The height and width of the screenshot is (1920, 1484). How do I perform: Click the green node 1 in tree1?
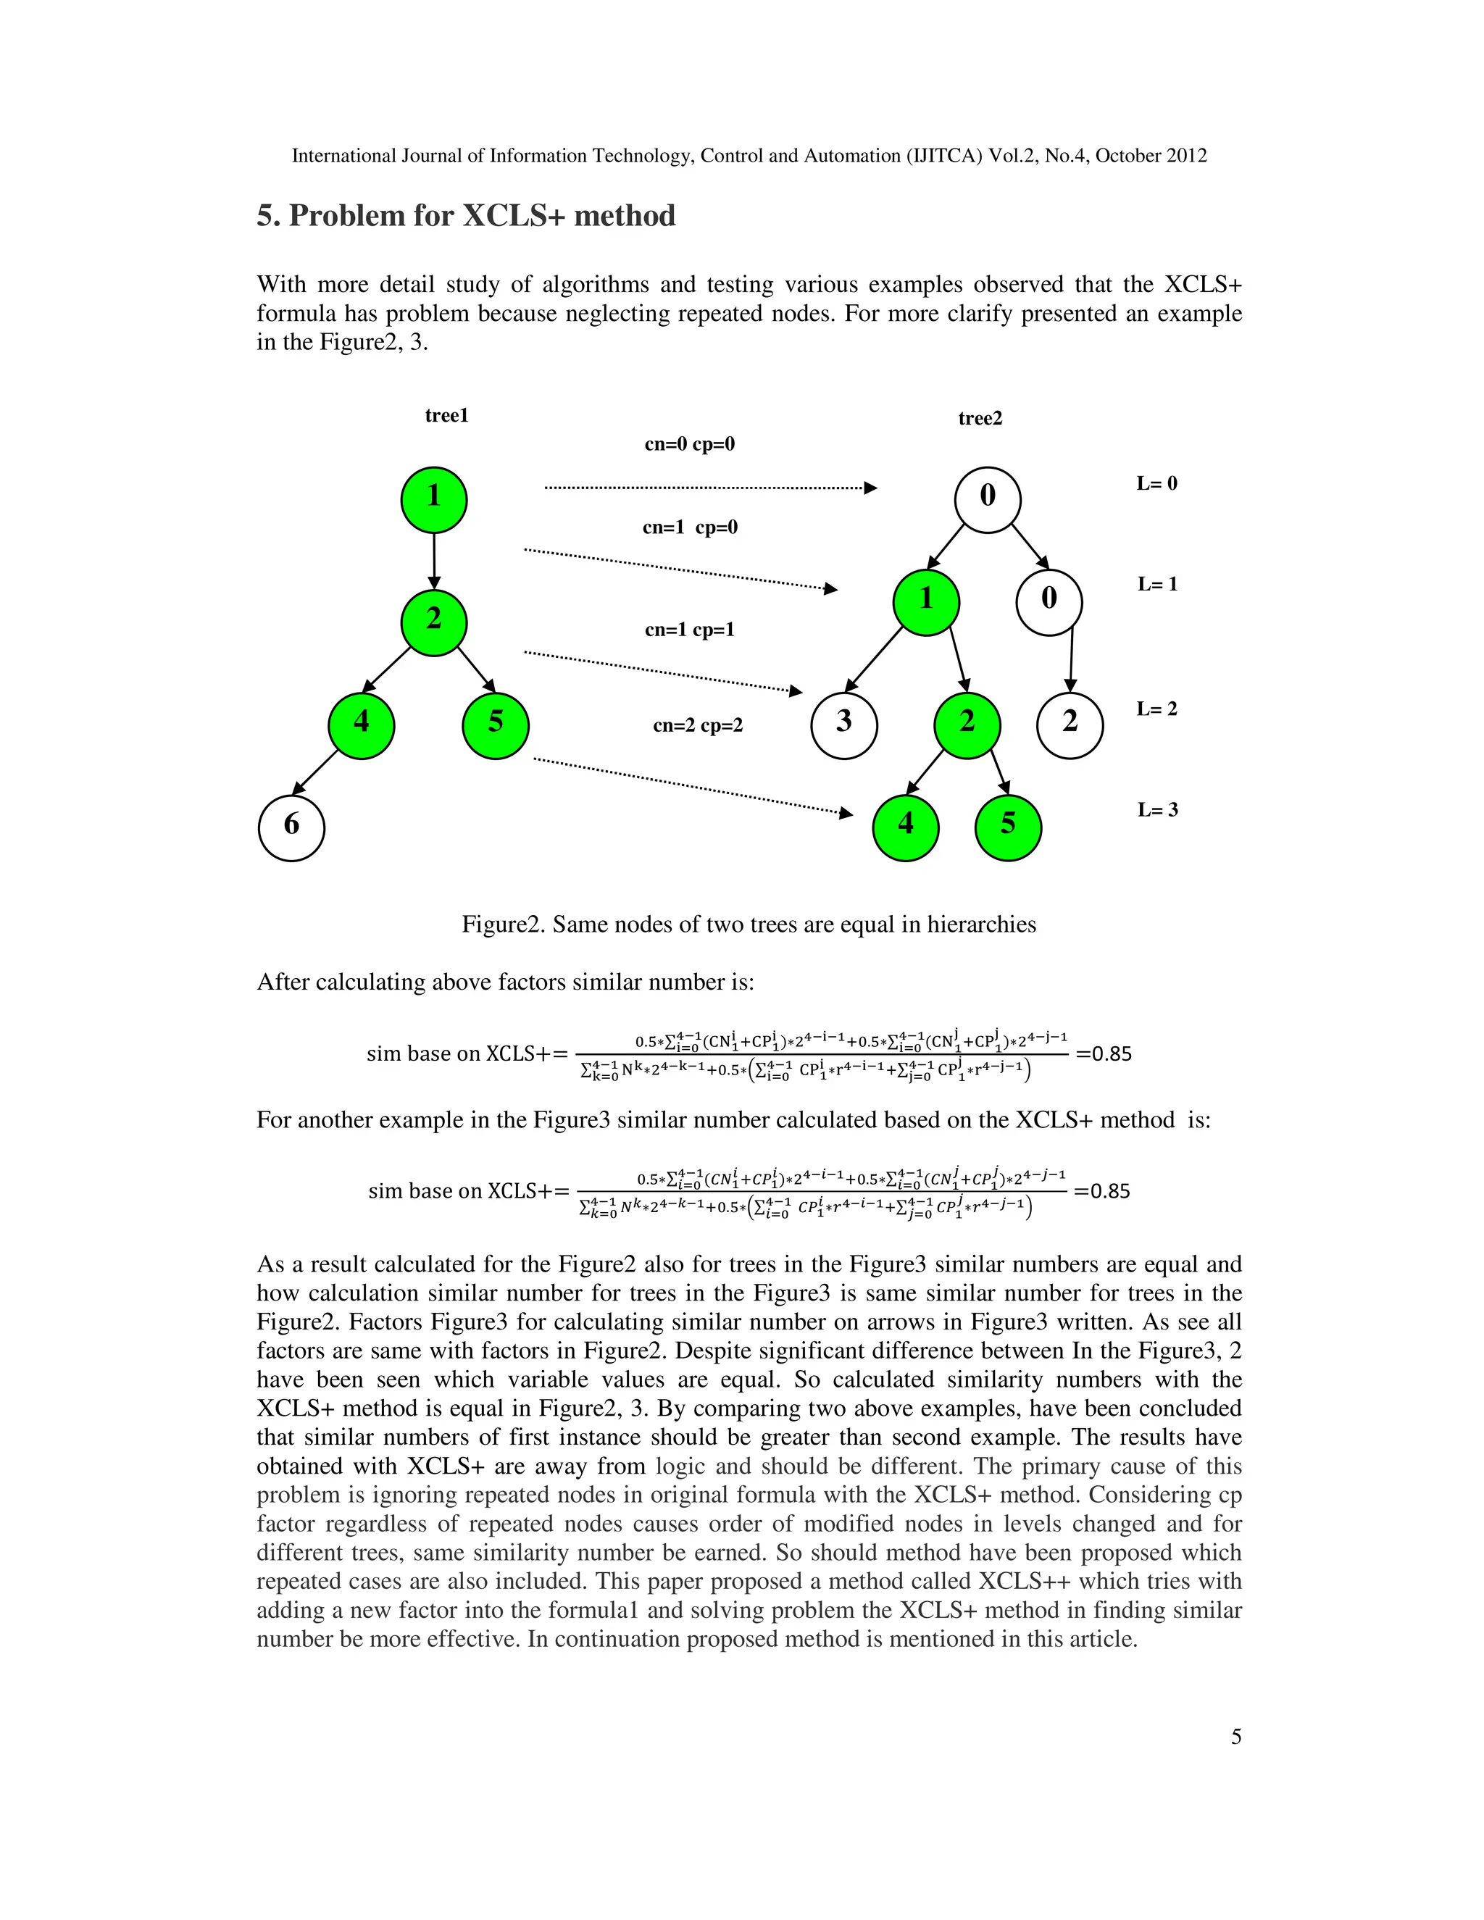433,499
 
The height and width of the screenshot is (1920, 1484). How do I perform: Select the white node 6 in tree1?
291,827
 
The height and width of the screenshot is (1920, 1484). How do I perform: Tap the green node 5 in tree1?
495,725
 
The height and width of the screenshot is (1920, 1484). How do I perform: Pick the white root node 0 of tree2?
988,499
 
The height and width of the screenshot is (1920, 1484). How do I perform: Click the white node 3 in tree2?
844,725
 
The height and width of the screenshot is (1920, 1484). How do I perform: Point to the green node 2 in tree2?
967,725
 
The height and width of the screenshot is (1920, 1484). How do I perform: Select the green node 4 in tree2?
906,827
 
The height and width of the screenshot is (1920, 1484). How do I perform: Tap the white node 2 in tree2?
1070,725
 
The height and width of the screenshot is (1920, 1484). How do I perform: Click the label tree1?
446,416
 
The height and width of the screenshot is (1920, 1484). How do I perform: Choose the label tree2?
980,419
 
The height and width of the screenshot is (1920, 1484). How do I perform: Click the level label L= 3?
1157,810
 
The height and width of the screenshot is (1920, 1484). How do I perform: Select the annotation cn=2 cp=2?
697,725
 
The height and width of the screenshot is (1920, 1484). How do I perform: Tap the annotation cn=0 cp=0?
689,444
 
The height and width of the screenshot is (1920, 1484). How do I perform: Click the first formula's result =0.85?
1104,1053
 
